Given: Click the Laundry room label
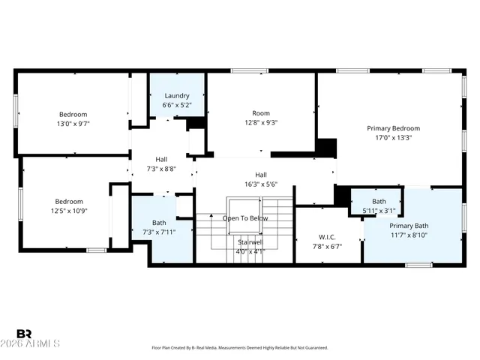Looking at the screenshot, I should tap(177, 96).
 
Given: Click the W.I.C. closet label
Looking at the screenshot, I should tap(327, 237).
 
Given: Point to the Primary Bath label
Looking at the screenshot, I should tap(409, 226).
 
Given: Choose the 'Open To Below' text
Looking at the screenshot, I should tap(244, 218).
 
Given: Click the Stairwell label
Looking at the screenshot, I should tap(250, 242).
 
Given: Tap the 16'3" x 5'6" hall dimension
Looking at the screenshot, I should tap(261, 184).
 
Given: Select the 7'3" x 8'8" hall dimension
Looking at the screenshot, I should tap(160, 169).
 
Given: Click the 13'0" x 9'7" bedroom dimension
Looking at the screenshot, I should tap(73, 124).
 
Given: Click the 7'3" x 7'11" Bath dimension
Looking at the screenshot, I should tap(159, 232).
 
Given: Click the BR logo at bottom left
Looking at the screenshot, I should tap(23, 333).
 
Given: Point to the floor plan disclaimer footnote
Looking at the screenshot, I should tap(239, 348).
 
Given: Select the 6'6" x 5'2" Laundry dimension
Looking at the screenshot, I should tap(177, 105).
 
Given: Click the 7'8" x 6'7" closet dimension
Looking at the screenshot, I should tap(327, 246).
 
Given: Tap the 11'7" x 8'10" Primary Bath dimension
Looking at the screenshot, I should tap(409, 235).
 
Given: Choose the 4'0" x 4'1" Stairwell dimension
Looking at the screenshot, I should tap(250, 252).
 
